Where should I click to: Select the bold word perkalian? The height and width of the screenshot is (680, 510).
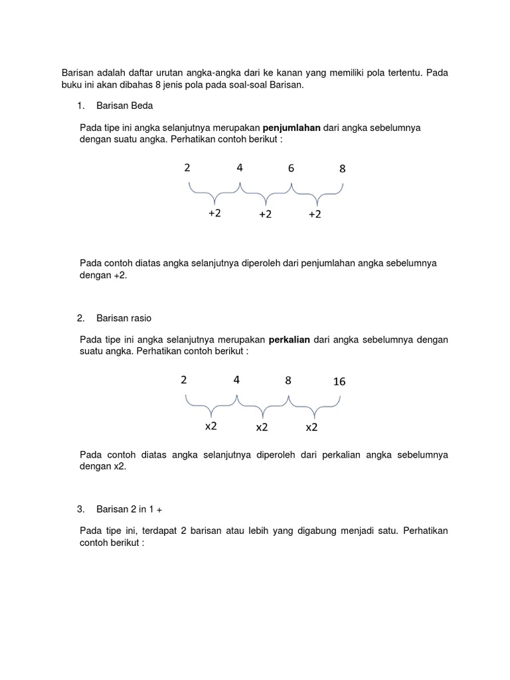289,340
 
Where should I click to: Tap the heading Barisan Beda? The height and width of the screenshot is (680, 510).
125,106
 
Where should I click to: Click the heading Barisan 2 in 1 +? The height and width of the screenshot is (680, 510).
129,509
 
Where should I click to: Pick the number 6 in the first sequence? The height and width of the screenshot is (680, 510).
291,169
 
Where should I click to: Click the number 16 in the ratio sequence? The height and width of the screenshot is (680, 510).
339,382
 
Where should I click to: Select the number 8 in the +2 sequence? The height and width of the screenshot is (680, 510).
343,169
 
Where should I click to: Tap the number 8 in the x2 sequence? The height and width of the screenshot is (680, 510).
288,381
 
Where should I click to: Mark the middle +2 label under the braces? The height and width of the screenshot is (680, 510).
266,214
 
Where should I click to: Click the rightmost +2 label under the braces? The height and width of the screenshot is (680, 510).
315,214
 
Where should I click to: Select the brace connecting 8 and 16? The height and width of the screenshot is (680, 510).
315,405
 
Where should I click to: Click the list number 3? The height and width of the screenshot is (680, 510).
80,509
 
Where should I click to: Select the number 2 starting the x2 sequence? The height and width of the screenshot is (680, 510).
183,381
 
